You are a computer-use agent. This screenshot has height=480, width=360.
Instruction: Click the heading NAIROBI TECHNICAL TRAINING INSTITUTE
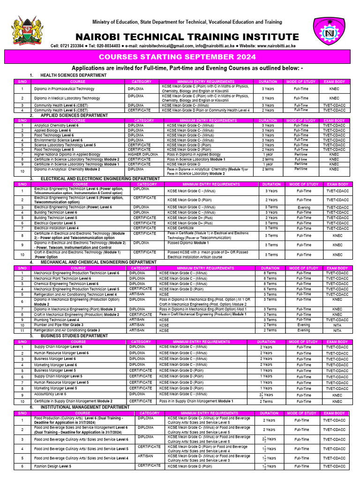[187, 37]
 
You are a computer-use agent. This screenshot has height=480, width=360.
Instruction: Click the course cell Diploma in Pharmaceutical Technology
[64, 89]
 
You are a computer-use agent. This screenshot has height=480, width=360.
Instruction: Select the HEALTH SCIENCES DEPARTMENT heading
[74, 75]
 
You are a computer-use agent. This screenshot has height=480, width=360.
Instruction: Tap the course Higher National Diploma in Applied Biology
[67, 154]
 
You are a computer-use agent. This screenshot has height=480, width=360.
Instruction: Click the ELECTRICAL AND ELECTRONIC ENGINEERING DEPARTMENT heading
[100, 179]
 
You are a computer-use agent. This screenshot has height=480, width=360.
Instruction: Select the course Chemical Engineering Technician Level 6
[66, 284]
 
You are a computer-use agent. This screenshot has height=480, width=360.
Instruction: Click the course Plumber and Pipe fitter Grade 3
[59, 325]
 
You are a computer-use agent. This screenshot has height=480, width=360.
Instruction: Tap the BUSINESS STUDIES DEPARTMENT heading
[75, 336]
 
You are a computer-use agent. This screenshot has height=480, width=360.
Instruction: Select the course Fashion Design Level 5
[52, 466]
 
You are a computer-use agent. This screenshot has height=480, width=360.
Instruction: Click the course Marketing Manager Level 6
[55, 365]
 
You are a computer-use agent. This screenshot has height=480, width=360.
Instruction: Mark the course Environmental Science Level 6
[59, 140]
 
